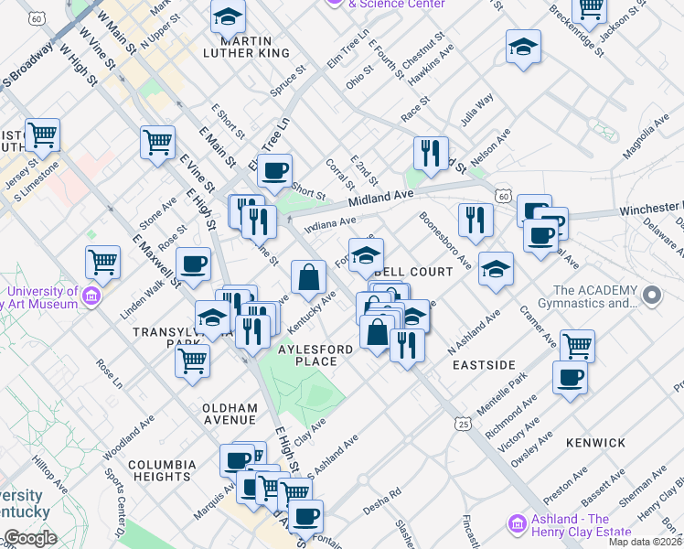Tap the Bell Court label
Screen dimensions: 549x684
[412, 272]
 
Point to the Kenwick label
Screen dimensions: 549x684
[595, 442]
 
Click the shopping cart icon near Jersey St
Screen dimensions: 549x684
[42, 135]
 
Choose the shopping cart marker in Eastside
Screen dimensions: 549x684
[577, 346]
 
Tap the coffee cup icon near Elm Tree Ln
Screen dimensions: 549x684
[274, 169]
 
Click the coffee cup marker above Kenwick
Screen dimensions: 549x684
[570, 378]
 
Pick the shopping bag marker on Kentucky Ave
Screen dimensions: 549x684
[308, 275]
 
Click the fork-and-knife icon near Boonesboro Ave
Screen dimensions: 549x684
[476, 220]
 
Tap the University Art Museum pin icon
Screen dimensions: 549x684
[91, 296]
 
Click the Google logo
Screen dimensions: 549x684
[31, 538]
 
